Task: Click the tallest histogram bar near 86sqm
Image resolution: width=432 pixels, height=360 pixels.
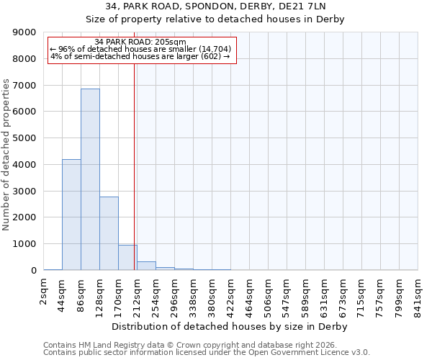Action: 90,180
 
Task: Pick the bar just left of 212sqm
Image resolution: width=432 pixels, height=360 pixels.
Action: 127,258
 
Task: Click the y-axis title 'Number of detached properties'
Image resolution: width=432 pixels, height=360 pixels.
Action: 6,155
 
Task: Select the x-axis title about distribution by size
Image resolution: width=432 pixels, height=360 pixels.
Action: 230,326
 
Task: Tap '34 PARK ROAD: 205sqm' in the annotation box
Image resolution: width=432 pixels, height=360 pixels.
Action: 140,42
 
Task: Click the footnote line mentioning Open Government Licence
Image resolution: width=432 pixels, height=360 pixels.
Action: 207,353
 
